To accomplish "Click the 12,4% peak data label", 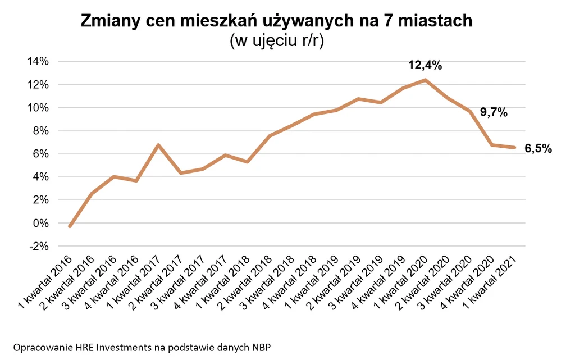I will (425, 66).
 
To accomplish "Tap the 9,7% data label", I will (494, 113).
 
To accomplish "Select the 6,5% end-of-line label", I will (539, 149).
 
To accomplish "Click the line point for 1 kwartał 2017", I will (158, 145).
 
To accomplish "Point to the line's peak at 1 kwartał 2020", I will (426, 80).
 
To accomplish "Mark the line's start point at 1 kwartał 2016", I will (69, 226).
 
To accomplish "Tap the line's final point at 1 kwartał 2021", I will (514, 148).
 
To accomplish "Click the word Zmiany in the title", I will (109, 21).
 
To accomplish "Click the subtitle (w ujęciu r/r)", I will (276, 41).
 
